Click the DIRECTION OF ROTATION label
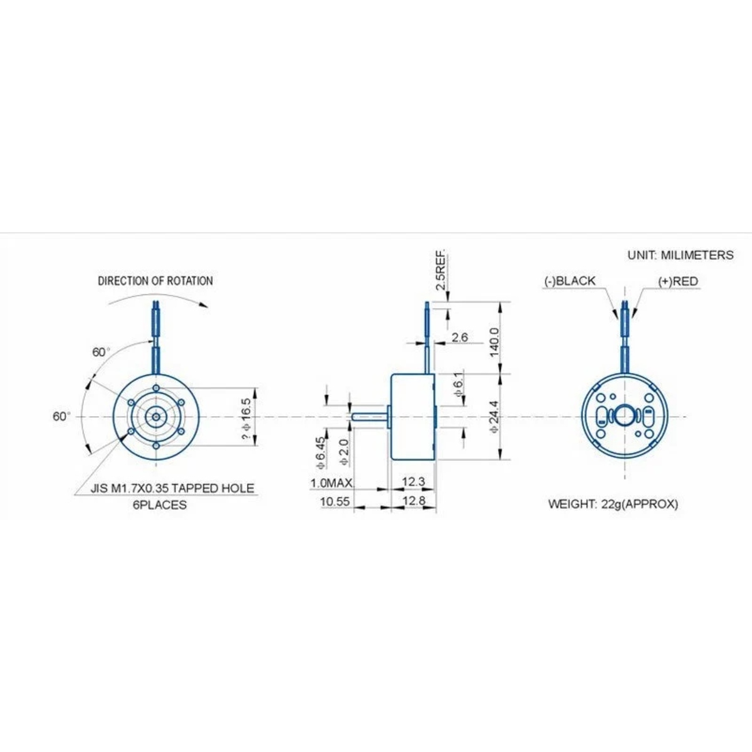155,281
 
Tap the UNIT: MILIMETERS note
681,255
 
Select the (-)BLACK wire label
570,281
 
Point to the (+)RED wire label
678,281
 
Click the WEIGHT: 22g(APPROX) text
613,504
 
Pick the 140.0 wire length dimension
494,342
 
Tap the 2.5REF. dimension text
441,270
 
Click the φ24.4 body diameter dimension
494,416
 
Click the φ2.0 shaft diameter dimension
344,452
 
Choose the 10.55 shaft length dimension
335,501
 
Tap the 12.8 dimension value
414,500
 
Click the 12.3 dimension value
414,481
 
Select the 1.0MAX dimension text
332,483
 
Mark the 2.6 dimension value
460,338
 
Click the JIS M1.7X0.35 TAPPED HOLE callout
172,488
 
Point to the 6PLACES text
160,505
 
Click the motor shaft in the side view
369,417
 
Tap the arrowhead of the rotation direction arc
203,305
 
